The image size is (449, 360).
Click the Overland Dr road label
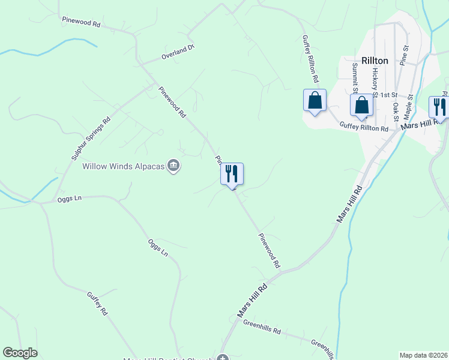tap(178, 52)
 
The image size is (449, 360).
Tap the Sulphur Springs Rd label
tap(91, 137)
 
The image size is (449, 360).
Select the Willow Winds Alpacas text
tap(123, 166)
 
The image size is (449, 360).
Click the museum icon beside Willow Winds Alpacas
tap(173, 166)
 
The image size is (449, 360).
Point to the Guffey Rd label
tap(97, 304)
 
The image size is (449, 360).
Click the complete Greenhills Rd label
tap(262, 326)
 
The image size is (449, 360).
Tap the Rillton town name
tap(375, 61)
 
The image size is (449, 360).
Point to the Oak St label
tap(396, 111)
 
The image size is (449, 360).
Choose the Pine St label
tap(404, 55)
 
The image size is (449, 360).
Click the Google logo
tap(20, 353)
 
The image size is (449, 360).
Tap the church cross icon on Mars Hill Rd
tap(223, 359)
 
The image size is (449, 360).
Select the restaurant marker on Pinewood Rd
tap(232, 175)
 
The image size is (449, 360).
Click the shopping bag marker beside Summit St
tap(361, 105)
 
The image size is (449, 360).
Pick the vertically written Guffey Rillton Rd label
tap(310, 58)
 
